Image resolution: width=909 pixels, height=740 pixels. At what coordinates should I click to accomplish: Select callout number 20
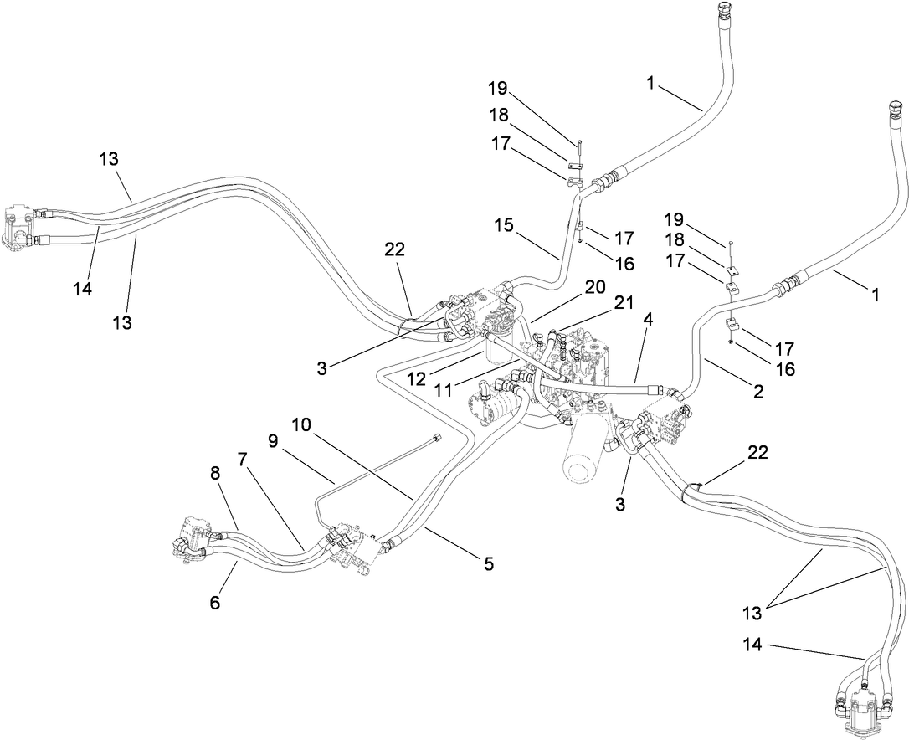595,286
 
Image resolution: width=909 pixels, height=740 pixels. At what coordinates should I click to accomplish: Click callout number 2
758,390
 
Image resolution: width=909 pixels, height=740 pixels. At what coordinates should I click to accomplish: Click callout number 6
215,601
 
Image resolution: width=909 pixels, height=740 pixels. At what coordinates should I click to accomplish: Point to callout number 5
488,565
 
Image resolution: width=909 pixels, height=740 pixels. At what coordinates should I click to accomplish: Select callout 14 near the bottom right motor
752,645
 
